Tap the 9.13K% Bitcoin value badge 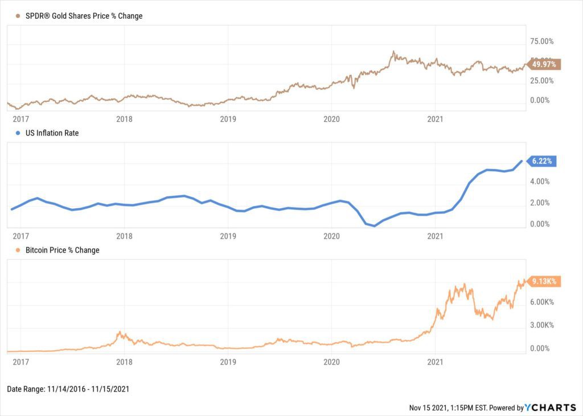(x=544, y=281)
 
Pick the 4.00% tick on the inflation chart (x=539, y=182)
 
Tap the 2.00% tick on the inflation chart (x=539, y=203)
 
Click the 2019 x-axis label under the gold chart (x=228, y=119)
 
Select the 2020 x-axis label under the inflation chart (x=331, y=236)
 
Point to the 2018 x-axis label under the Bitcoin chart (x=124, y=361)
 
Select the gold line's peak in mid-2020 (x=393, y=52)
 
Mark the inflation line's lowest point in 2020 (x=374, y=226)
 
